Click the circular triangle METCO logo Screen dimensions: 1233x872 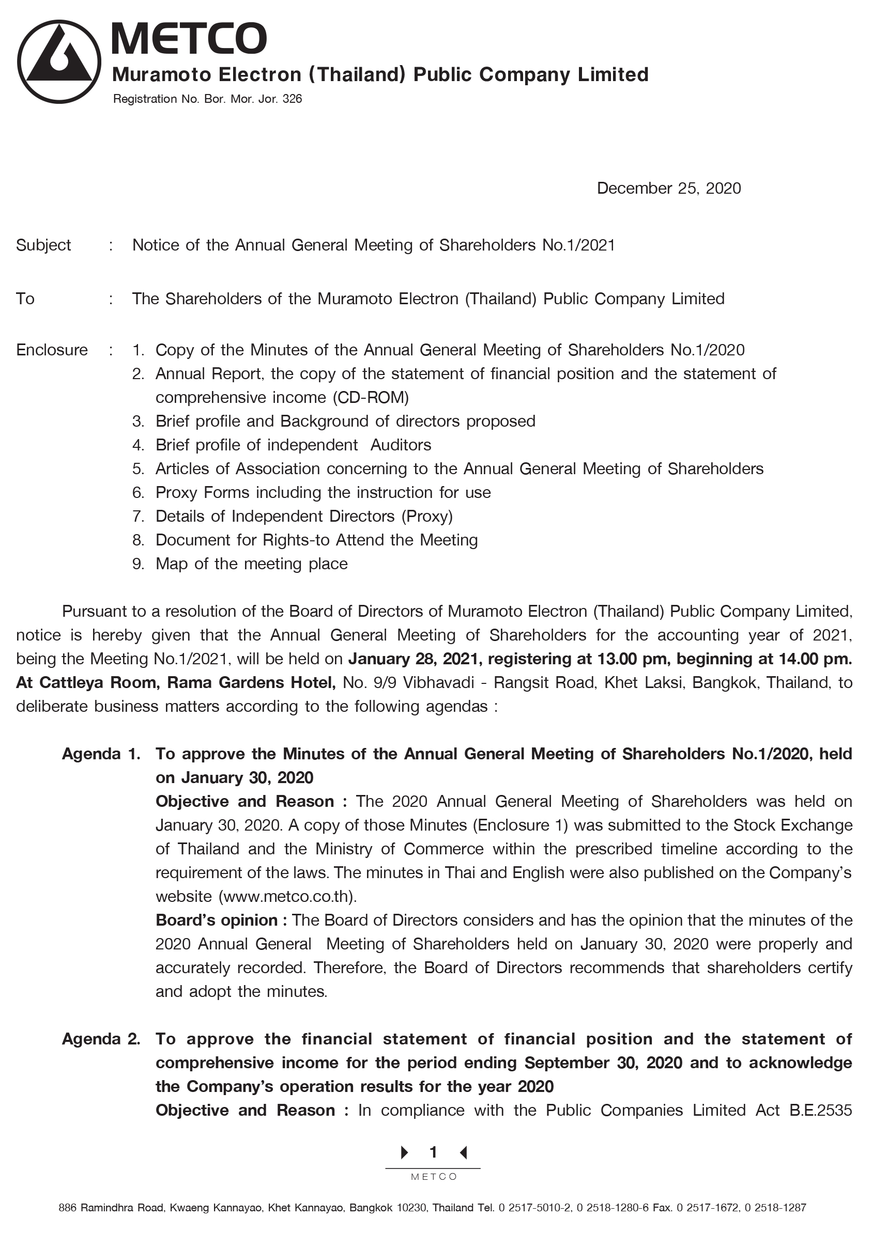(x=58, y=62)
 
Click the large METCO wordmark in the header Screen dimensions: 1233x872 (x=189, y=38)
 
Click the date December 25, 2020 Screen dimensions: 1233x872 (x=668, y=189)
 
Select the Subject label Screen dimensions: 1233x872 (x=43, y=245)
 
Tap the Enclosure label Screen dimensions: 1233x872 (x=52, y=350)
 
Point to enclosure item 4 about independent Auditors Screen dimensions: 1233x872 (x=293, y=445)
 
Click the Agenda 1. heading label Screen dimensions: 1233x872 (x=101, y=754)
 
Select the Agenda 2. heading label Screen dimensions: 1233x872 (x=101, y=1039)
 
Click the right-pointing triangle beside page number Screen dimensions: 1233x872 (x=405, y=1152)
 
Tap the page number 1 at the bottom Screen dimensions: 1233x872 (x=433, y=1152)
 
